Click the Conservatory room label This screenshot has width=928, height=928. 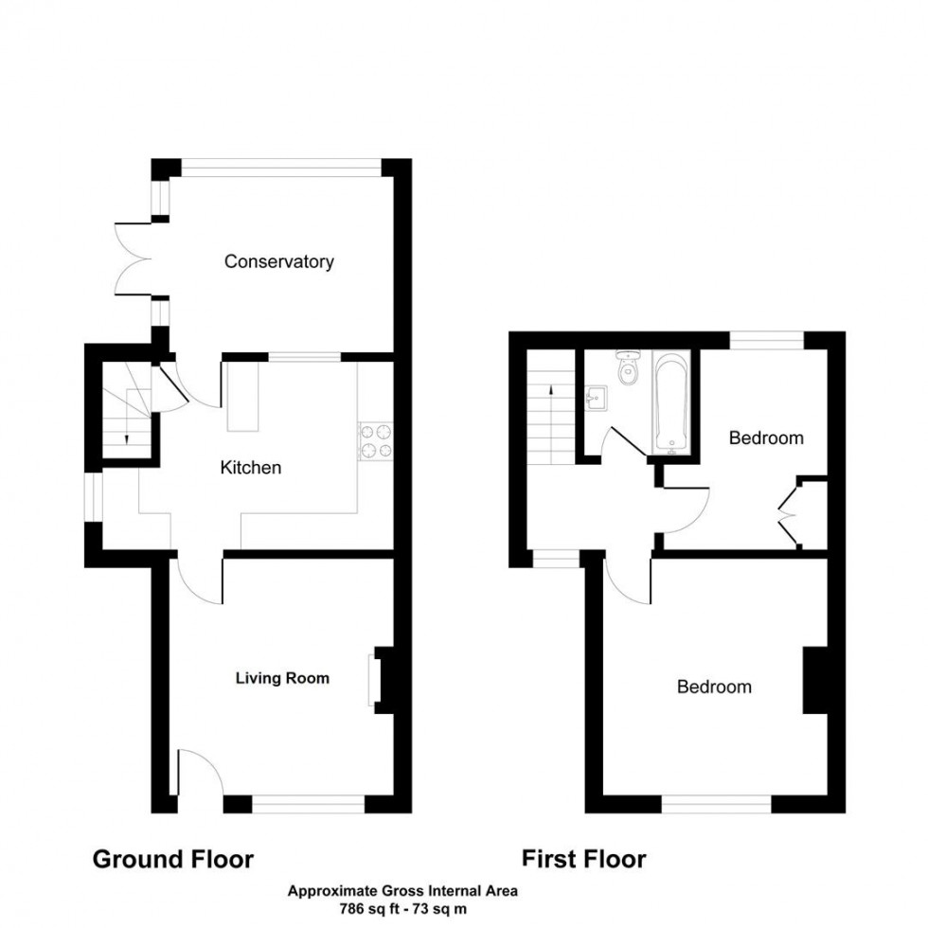278,261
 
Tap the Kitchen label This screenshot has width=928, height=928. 250,468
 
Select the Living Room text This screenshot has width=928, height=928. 282,678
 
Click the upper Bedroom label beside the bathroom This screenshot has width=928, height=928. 765,437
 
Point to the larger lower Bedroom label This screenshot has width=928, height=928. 714,687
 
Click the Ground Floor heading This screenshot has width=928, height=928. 172,859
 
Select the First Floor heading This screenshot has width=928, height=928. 584,859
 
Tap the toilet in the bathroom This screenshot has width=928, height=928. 627,369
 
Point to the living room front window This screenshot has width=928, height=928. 308,805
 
